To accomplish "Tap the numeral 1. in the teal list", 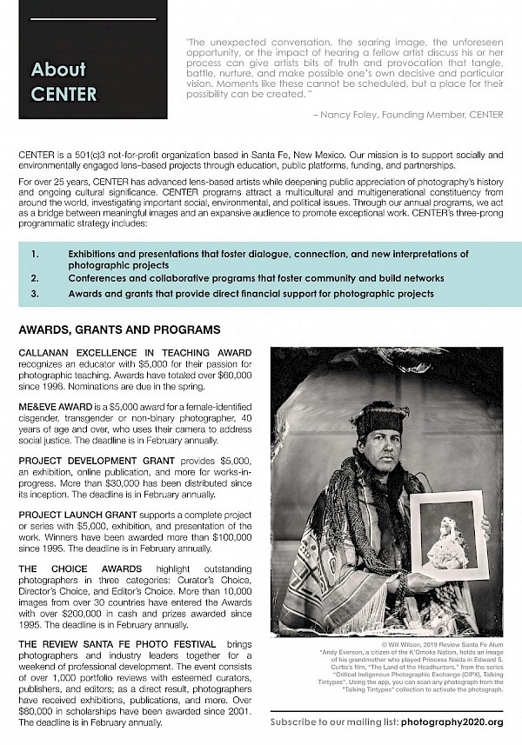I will [35, 254].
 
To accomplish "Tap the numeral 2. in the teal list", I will [35, 278].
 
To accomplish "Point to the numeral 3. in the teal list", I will [35, 295].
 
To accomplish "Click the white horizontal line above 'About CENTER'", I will [92, 18].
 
